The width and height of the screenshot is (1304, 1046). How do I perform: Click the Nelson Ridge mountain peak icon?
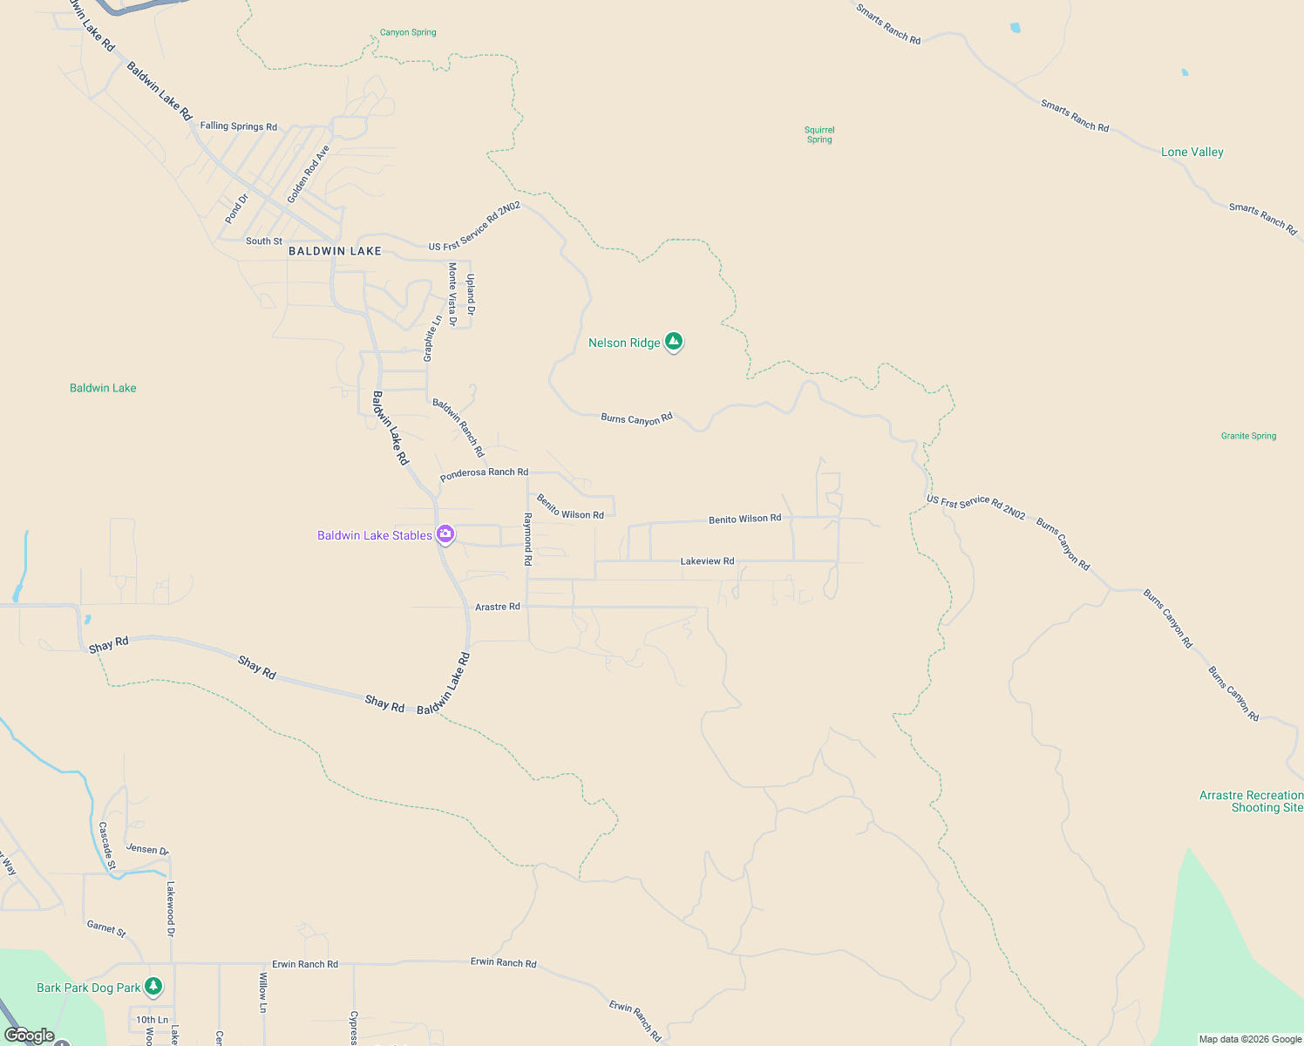(x=673, y=341)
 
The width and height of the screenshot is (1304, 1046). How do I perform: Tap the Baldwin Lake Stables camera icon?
(x=445, y=534)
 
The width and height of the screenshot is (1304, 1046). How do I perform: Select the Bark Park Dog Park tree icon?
(x=153, y=986)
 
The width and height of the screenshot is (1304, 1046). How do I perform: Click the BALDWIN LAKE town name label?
(x=335, y=251)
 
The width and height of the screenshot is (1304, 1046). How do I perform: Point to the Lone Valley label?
(x=1192, y=152)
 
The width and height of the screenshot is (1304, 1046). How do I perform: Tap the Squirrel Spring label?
(x=819, y=134)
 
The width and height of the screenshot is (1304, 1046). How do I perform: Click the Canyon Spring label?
(x=408, y=32)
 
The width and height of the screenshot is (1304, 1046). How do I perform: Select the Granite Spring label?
(x=1248, y=436)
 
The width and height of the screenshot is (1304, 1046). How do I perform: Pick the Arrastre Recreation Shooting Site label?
(x=1251, y=801)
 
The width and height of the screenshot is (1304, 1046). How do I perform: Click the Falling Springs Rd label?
(x=238, y=126)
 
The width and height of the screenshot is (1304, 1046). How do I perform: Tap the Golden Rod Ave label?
(x=309, y=173)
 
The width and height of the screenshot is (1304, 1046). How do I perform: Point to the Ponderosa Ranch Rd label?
(x=484, y=473)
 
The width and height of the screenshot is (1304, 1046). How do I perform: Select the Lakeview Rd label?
(x=707, y=561)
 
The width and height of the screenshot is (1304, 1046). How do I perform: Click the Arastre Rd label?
(x=497, y=607)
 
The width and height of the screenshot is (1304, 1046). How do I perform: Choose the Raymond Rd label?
(x=527, y=539)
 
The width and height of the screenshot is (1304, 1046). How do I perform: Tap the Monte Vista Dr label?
(x=452, y=294)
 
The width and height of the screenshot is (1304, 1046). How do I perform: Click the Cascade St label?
(x=107, y=845)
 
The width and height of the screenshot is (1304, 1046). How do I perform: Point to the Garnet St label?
(x=106, y=928)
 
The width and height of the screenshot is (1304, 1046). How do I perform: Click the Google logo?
(x=29, y=1036)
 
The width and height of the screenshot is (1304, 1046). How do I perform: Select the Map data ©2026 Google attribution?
(x=1250, y=1039)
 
